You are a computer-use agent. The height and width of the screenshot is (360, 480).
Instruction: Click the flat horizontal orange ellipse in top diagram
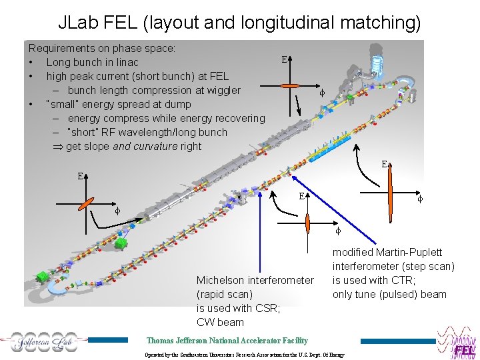coord(292,86)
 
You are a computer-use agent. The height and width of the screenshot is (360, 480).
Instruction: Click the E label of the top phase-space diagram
coord(285,59)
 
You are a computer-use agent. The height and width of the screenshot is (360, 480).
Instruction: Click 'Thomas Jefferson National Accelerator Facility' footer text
coord(227,340)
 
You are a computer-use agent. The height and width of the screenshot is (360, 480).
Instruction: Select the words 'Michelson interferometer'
coord(255,280)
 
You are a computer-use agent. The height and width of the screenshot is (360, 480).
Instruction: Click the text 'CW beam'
coord(220,322)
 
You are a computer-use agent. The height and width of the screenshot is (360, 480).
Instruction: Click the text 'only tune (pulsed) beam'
coord(389,294)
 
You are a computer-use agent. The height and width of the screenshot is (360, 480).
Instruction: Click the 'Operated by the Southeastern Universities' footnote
coord(245,355)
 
